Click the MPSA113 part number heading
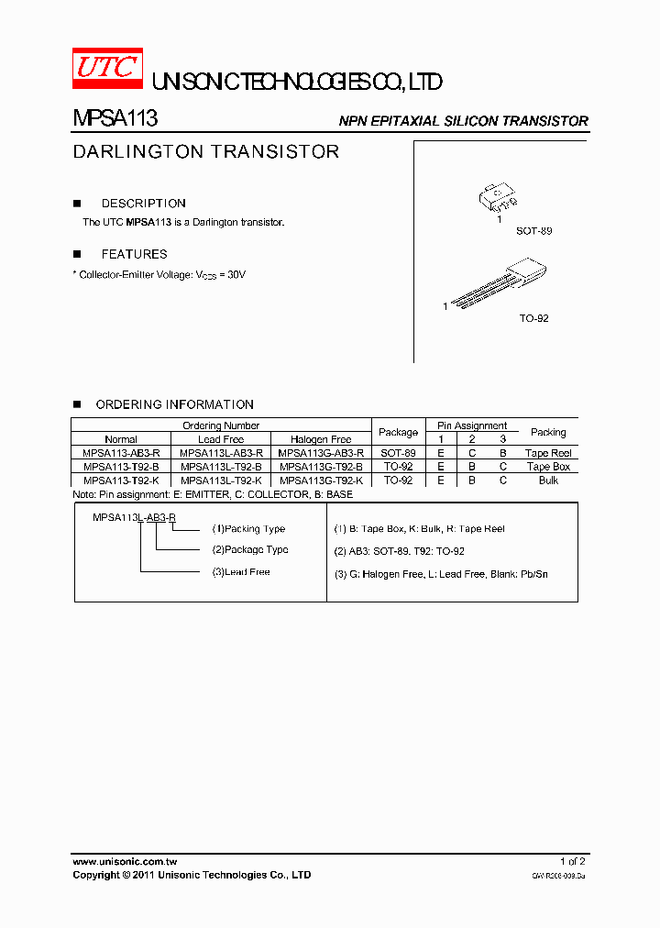tap(115, 119)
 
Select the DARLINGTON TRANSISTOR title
tap(206, 151)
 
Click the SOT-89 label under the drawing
tap(533, 231)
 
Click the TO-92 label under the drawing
tap(533, 318)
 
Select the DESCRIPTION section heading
tap(143, 204)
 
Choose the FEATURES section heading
tap(134, 254)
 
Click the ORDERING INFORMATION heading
tap(174, 404)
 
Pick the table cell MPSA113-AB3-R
tap(120, 453)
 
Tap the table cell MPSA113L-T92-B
tap(221, 467)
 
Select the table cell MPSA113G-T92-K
tap(321, 481)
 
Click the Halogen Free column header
tap(321, 439)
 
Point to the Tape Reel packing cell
tap(548, 453)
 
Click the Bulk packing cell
tap(548, 481)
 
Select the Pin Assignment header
tap(472, 425)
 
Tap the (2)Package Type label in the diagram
tap(250, 550)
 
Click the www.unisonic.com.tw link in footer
tap(124, 862)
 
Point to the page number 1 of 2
tap(573, 862)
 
